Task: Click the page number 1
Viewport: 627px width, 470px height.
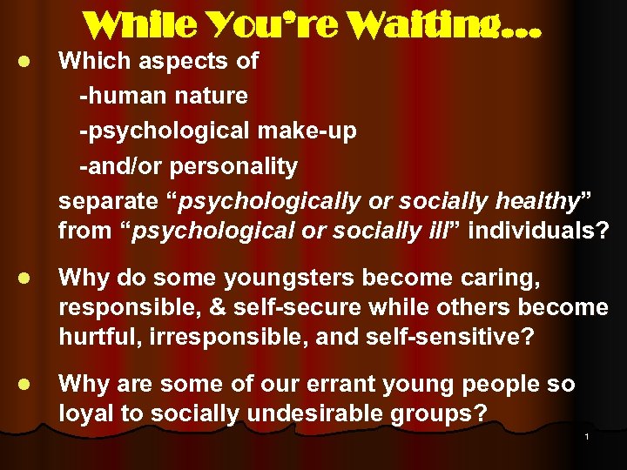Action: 587,436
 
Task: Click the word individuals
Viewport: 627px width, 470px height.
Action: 531,232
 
